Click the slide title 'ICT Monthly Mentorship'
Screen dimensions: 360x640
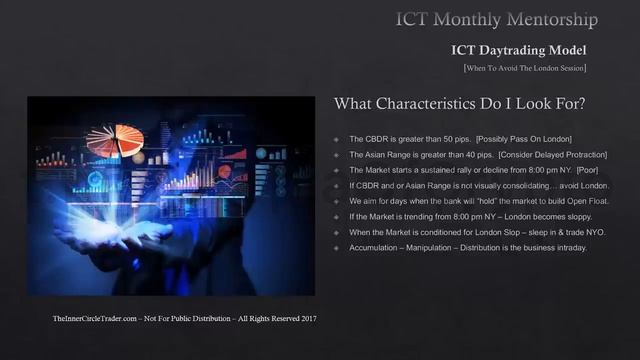(496, 19)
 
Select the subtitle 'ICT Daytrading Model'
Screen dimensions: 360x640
(518, 50)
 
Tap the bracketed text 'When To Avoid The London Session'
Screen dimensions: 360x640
(524, 68)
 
